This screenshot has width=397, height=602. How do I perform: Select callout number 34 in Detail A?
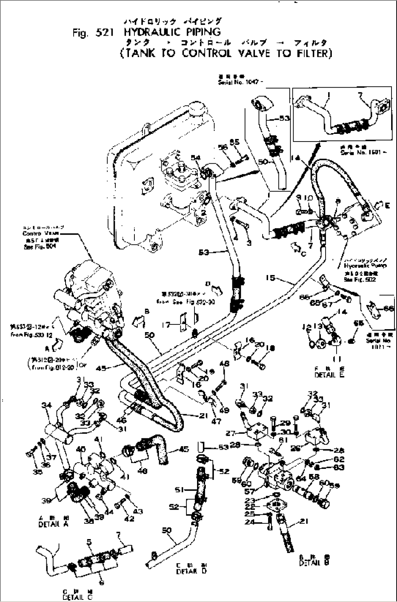46,404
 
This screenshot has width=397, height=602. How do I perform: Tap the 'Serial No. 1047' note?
238,83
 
